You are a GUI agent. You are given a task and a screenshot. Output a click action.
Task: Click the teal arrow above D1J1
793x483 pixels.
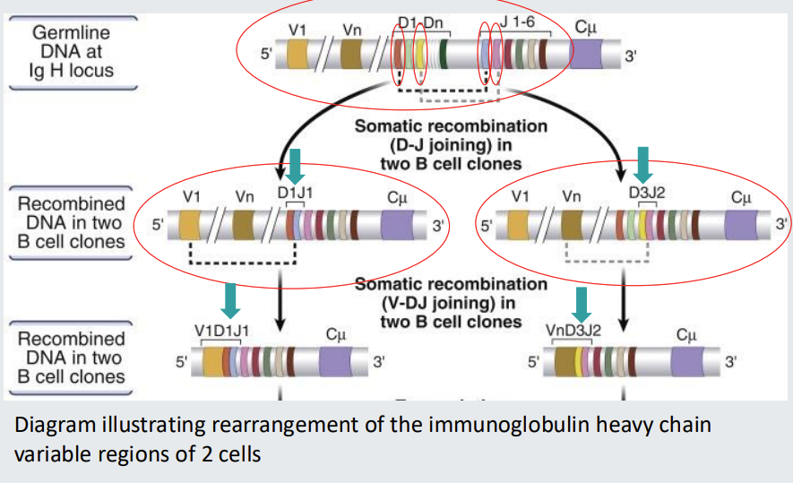tap(296, 164)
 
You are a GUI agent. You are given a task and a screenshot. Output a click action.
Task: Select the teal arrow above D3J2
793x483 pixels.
tap(642, 164)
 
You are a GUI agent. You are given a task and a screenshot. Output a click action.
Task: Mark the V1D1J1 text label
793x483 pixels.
tap(222, 330)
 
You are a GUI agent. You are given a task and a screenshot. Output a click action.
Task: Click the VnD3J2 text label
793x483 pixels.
tap(573, 330)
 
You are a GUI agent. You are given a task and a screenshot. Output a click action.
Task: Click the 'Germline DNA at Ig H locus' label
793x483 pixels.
tap(72, 51)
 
